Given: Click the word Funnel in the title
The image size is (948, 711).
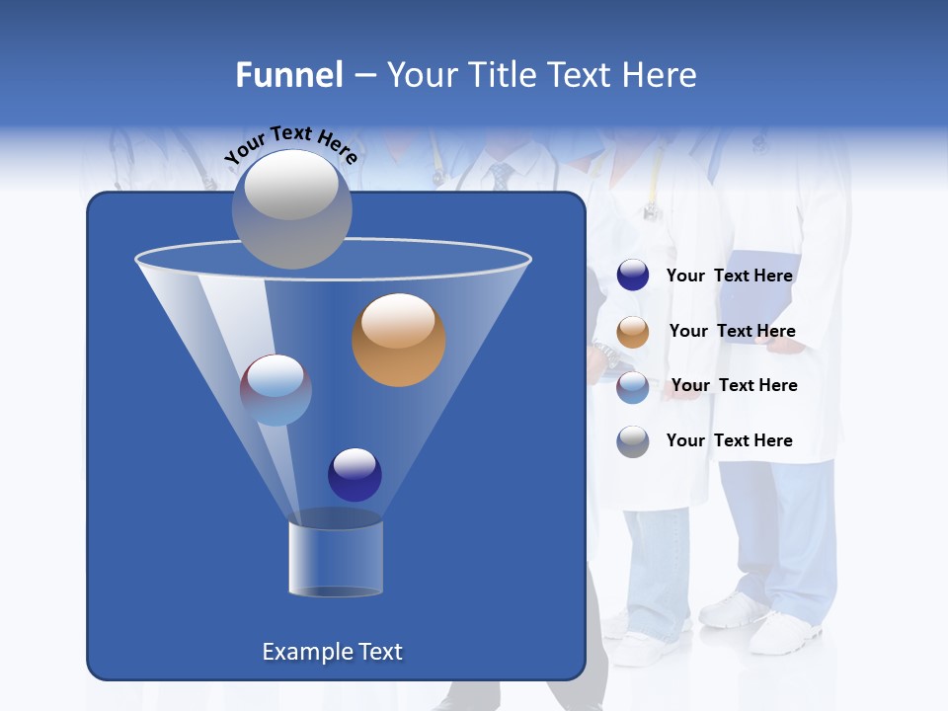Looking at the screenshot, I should (288, 75).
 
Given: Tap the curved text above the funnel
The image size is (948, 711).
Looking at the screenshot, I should (290, 144).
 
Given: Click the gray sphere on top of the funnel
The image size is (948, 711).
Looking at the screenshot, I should (291, 208).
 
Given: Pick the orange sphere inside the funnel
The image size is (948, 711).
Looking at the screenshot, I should (398, 340).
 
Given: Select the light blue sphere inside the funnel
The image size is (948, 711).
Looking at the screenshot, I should (276, 390).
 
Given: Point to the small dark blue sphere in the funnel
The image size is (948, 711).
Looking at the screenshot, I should (355, 474).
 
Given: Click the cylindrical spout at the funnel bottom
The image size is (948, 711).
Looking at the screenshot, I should (336, 558).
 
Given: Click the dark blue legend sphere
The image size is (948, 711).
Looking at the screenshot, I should (633, 276).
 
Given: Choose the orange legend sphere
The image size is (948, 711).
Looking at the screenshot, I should (633, 332).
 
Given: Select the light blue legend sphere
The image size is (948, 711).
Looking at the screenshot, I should (633, 387).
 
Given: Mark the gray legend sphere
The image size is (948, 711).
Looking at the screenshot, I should (633, 441).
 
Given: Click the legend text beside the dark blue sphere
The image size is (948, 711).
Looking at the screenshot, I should (729, 276).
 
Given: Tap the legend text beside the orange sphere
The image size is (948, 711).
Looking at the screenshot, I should (732, 332).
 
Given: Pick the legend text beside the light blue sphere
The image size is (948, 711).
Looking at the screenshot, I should (734, 386).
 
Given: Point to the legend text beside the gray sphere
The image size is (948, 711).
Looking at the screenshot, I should (729, 440).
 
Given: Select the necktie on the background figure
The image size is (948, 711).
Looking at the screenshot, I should (501, 177).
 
